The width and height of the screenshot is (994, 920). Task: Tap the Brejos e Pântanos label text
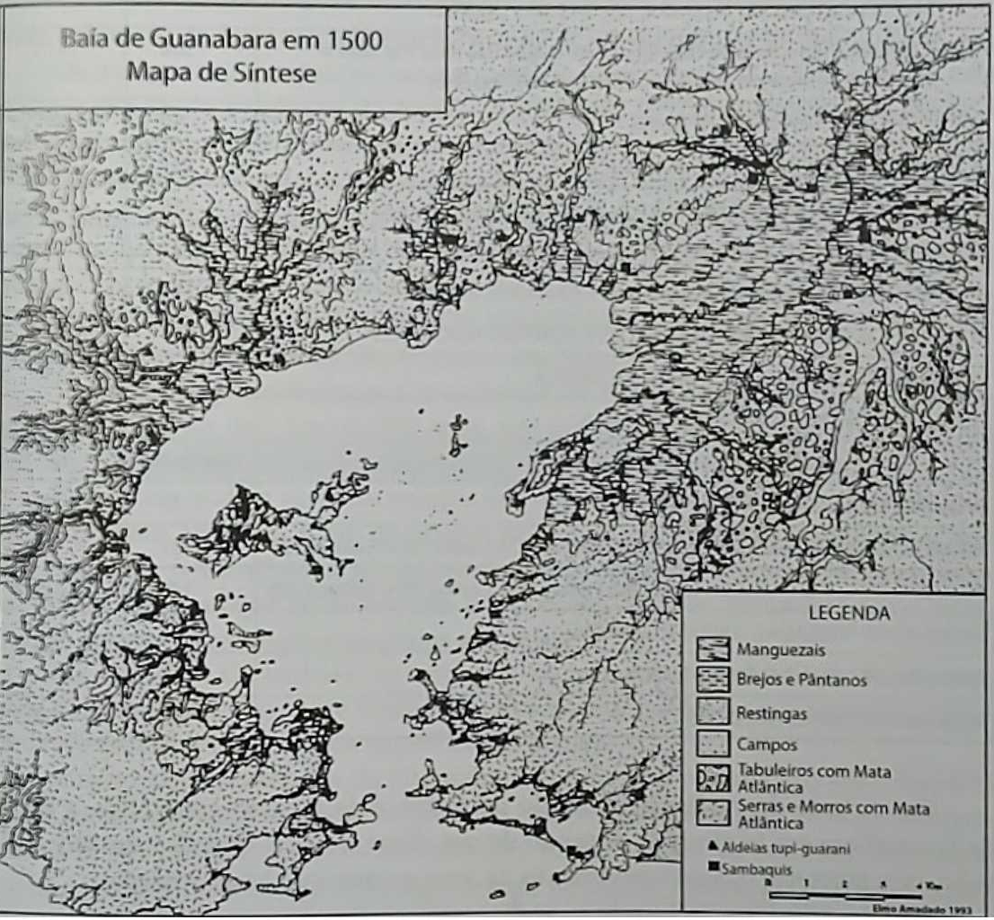tap(801, 681)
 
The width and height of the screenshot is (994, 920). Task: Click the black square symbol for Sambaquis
tap(712, 866)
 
